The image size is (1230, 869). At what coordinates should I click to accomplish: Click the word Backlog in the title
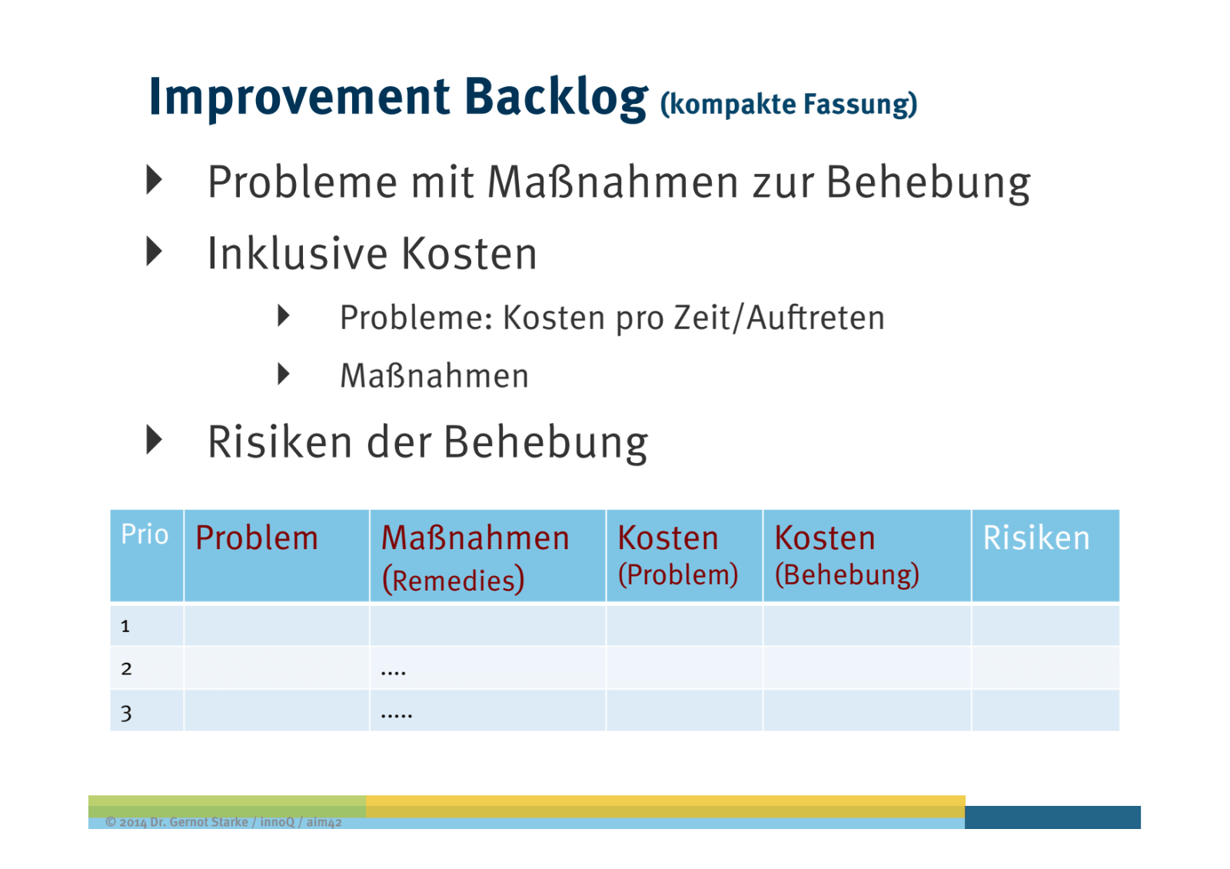[x=557, y=98]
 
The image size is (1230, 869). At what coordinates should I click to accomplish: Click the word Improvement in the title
[x=299, y=98]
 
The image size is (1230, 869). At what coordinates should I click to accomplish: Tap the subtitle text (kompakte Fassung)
[x=789, y=104]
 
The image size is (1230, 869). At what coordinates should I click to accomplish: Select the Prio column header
[x=145, y=534]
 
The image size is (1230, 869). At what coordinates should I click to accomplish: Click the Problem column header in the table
[x=257, y=538]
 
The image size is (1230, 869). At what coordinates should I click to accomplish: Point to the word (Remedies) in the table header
[x=453, y=581]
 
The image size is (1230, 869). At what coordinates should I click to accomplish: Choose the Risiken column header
[x=1036, y=538]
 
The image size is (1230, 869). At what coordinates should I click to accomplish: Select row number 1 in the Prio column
[x=125, y=626]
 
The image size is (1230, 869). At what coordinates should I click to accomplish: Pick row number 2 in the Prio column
[x=126, y=668]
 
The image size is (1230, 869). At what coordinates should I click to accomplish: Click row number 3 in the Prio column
[x=126, y=714]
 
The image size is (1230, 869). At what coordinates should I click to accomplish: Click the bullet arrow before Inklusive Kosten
[x=155, y=252]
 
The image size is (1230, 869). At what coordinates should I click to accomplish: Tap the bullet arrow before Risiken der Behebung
[x=155, y=440]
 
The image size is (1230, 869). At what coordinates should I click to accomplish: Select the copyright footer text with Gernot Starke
[x=224, y=822]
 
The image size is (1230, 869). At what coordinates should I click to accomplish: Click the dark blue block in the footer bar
[x=1052, y=817]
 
